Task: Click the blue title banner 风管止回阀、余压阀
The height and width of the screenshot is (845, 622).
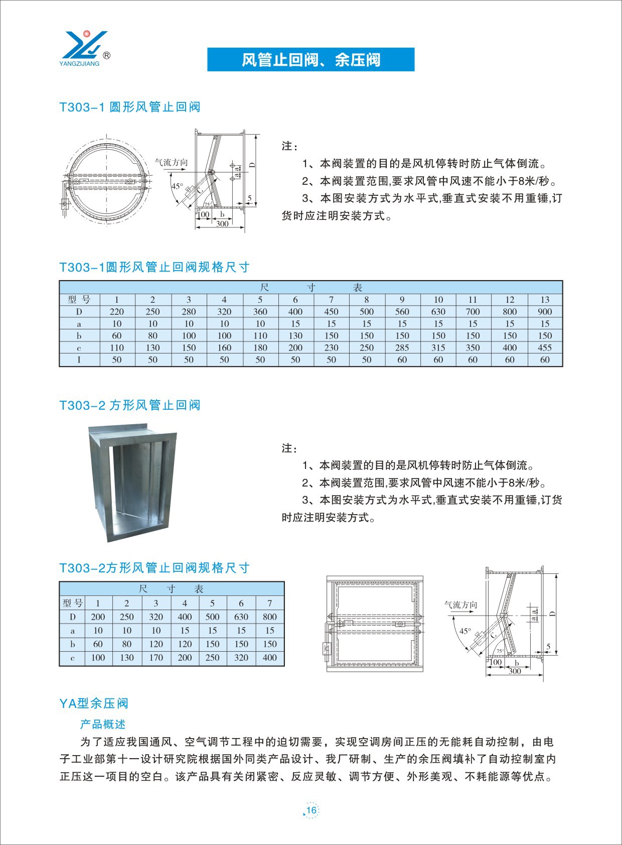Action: [310, 60]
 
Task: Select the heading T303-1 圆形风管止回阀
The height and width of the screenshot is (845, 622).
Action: [130, 107]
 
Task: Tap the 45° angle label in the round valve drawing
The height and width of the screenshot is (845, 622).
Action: [177, 186]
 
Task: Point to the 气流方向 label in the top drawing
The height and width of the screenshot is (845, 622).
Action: [171, 162]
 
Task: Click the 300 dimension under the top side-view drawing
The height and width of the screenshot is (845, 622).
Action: [222, 224]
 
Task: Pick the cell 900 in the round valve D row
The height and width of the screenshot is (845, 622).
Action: [545, 312]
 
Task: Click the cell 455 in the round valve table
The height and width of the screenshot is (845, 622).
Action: [545, 347]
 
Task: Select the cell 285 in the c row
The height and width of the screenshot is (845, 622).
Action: [402, 347]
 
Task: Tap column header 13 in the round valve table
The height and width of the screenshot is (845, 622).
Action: [545, 300]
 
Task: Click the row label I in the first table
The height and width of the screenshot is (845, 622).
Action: [79, 359]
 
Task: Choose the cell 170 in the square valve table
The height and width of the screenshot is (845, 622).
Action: [155, 658]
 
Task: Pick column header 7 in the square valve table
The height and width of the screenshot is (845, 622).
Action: [269, 603]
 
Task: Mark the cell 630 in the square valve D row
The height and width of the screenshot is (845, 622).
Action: [241, 617]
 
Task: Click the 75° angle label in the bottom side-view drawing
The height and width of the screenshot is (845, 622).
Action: [500, 651]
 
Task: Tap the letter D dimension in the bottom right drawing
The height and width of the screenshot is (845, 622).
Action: [552, 614]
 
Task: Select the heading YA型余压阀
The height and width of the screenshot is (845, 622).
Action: [94, 703]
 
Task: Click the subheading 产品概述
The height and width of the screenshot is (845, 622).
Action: [103, 725]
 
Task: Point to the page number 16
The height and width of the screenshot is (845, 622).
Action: [312, 810]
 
